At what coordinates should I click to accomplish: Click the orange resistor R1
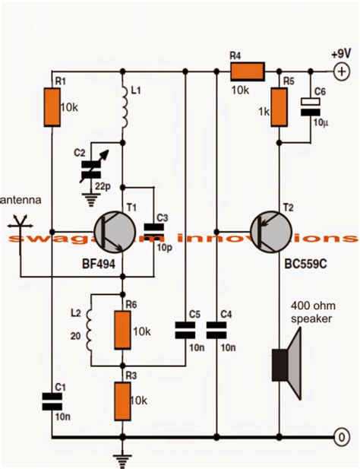tap(52, 106)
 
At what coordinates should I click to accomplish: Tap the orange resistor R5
tap(280, 106)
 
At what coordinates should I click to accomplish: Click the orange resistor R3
tap(122, 400)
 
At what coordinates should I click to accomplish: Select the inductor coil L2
tap(92, 328)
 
